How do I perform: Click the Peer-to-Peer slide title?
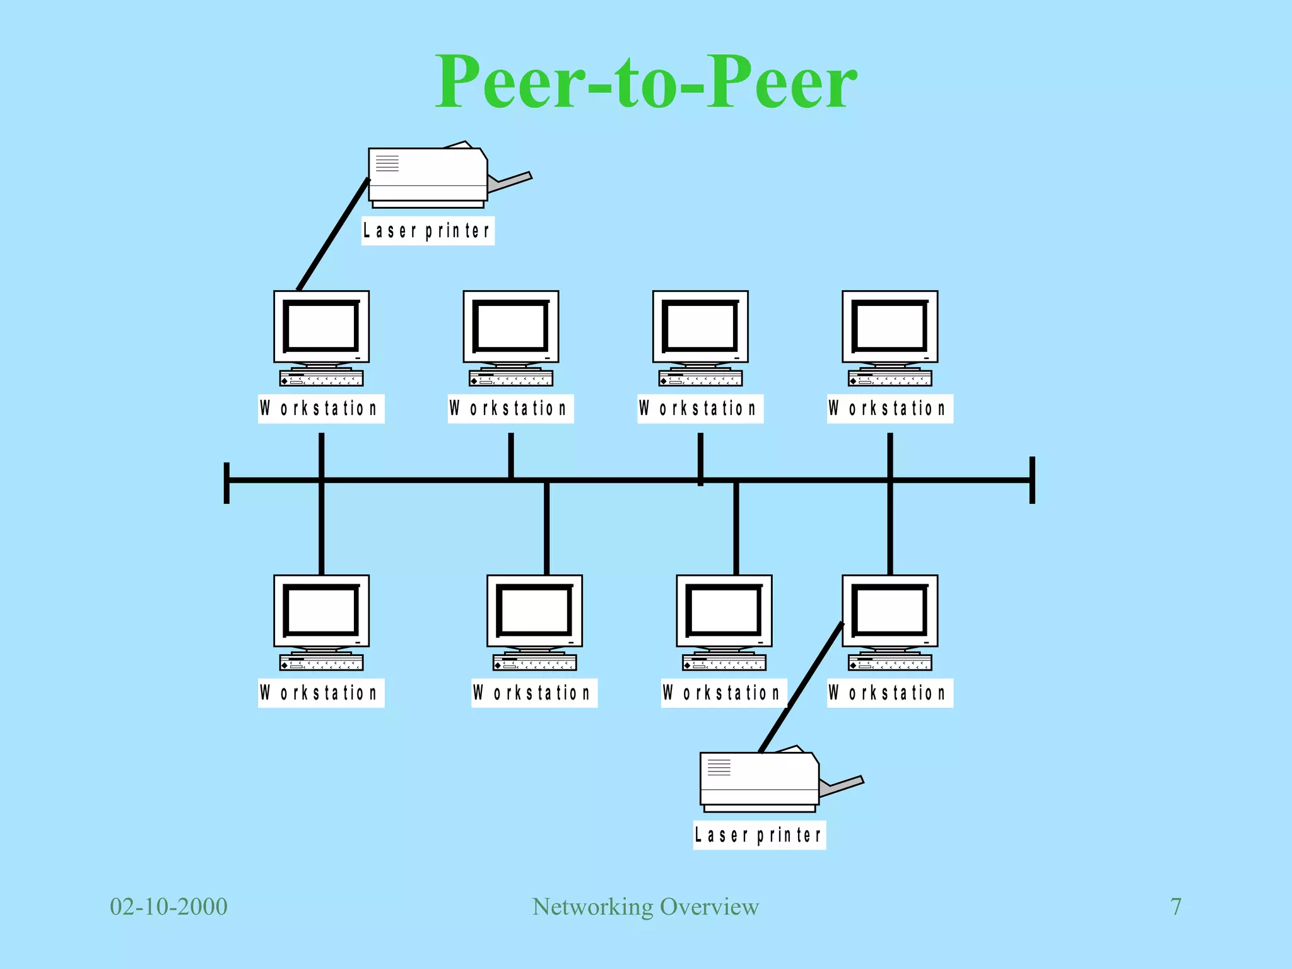[x=645, y=82]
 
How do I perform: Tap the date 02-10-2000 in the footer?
[x=168, y=907]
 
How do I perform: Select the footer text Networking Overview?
[x=645, y=907]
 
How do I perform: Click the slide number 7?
[x=1175, y=907]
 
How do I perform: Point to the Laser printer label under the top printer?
[x=427, y=231]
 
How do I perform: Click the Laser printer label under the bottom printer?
[x=759, y=835]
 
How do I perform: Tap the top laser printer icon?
[x=428, y=175]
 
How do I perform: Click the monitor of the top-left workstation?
[x=321, y=327]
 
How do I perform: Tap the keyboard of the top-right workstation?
[x=890, y=379]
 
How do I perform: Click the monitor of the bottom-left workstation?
[x=321, y=611]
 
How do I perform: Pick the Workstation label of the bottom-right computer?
[x=890, y=693]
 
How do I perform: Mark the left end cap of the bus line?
[x=226, y=483]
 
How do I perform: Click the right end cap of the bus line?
[x=1032, y=480]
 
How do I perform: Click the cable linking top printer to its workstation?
[x=332, y=235]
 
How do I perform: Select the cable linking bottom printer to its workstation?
[x=801, y=688]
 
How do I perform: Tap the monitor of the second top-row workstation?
[x=510, y=327]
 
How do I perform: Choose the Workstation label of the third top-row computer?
[x=700, y=409]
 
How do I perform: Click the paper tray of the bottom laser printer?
[x=842, y=786]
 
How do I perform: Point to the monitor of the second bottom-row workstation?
[x=534, y=611]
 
